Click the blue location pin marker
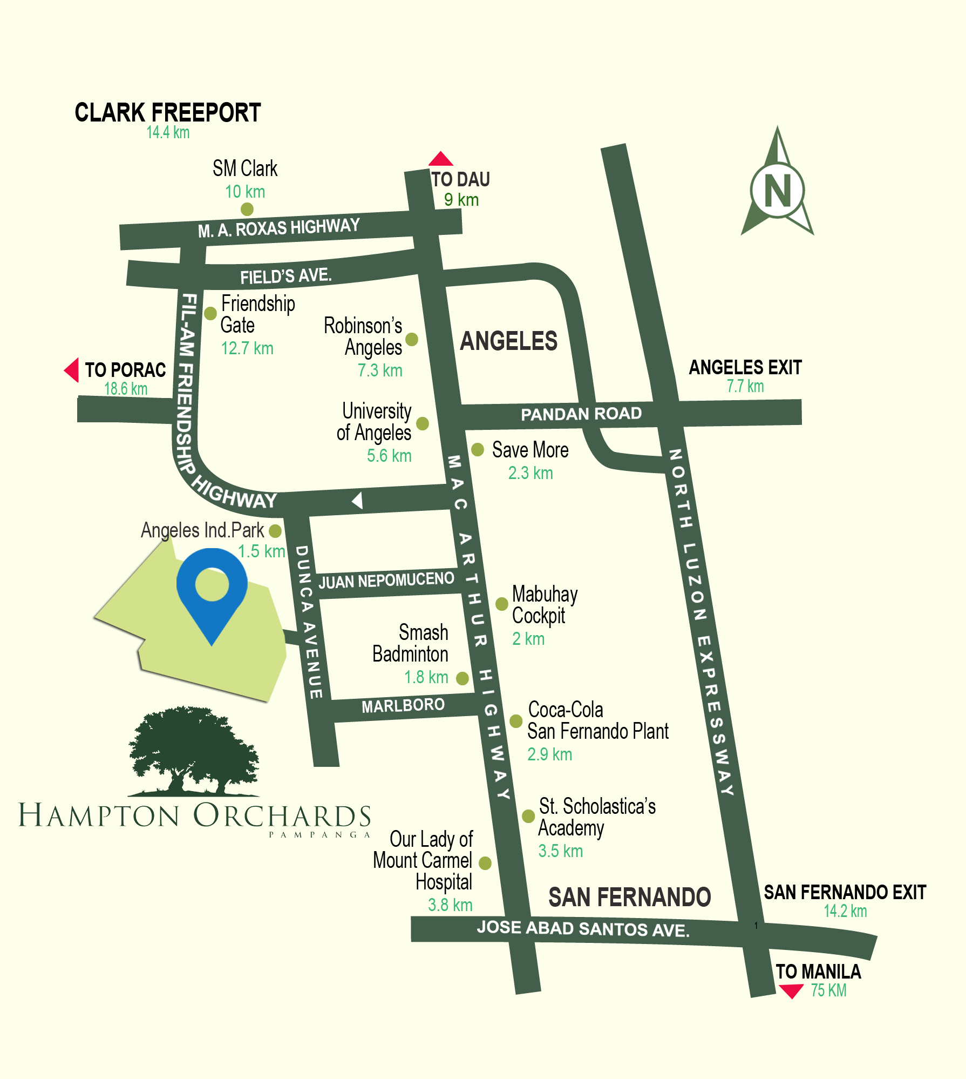pyautogui.click(x=212, y=589)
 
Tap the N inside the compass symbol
pyautogui.click(x=778, y=191)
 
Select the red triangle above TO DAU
pyautogui.click(x=440, y=159)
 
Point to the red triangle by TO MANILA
pyautogui.click(x=791, y=991)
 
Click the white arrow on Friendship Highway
pyautogui.click(x=357, y=500)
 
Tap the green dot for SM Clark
pyautogui.click(x=247, y=208)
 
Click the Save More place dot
pyautogui.click(x=478, y=449)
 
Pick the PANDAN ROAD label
pyautogui.click(x=581, y=414)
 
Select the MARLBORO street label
pyautogui.click(x=403, y=705)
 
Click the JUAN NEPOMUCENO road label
pyautogui.click(x=386, y=581)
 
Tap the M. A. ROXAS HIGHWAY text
pyautogui.click(x=278, y=227)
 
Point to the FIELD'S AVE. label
pyautogui.click(x=285, y=277)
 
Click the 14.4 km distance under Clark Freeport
pyautogui.click(x=168, y=133)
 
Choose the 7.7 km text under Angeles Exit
pyautogui.click(x=745, y=386)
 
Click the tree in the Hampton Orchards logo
pyautogui.click(x=193, y=751)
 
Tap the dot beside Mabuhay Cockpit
pyautogui.click(x=502, y=604)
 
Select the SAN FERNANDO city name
pyautogui.click(x=629, y=897)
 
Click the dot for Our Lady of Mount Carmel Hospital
pyautogui.click(x=485, y=863)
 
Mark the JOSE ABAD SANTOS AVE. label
pyautogui.click(x=583, y=928)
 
